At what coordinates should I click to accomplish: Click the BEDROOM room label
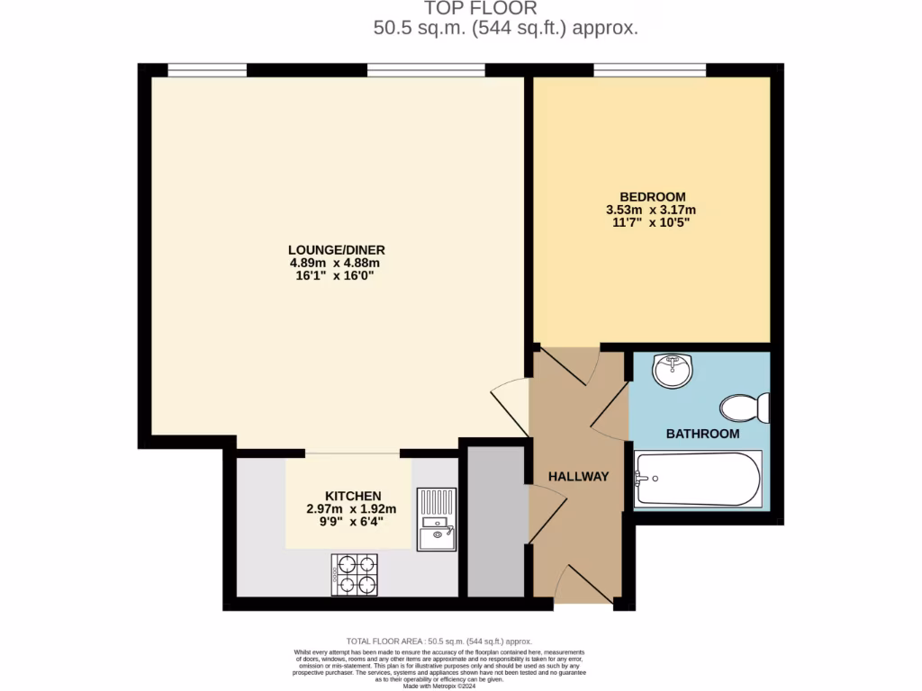[x=652, y=197]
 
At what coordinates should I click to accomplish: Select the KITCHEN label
[x=353, y=496]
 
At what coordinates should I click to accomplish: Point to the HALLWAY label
[x=579, y=476]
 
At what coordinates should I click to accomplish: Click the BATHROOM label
[x=702, y=434]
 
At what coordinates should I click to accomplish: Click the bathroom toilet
[x=746, y=408]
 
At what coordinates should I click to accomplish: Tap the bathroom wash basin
[x=672, y=370]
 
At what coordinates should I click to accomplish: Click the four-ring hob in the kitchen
[x=355, y=574]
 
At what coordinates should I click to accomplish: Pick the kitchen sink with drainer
[x=437, y=519]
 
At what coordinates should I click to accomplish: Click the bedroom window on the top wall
[x=649, y=69]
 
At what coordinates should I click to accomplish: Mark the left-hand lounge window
[x=207, y=69]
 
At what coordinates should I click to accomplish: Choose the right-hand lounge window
[x=426, y=69]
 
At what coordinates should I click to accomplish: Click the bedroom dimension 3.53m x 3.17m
[x=652, y=210]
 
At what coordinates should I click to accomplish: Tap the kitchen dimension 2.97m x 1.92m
[x=353, y=509]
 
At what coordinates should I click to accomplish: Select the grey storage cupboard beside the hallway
[x=495, y=521]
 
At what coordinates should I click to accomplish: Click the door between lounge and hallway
[x=511, y=405]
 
